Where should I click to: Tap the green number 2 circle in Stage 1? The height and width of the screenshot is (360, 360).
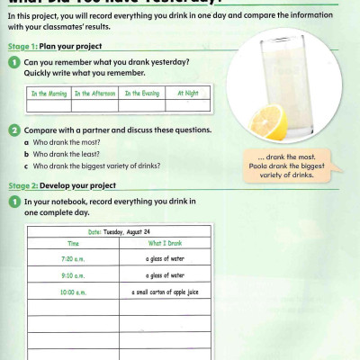pyautogui.click(x=15, y=130)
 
